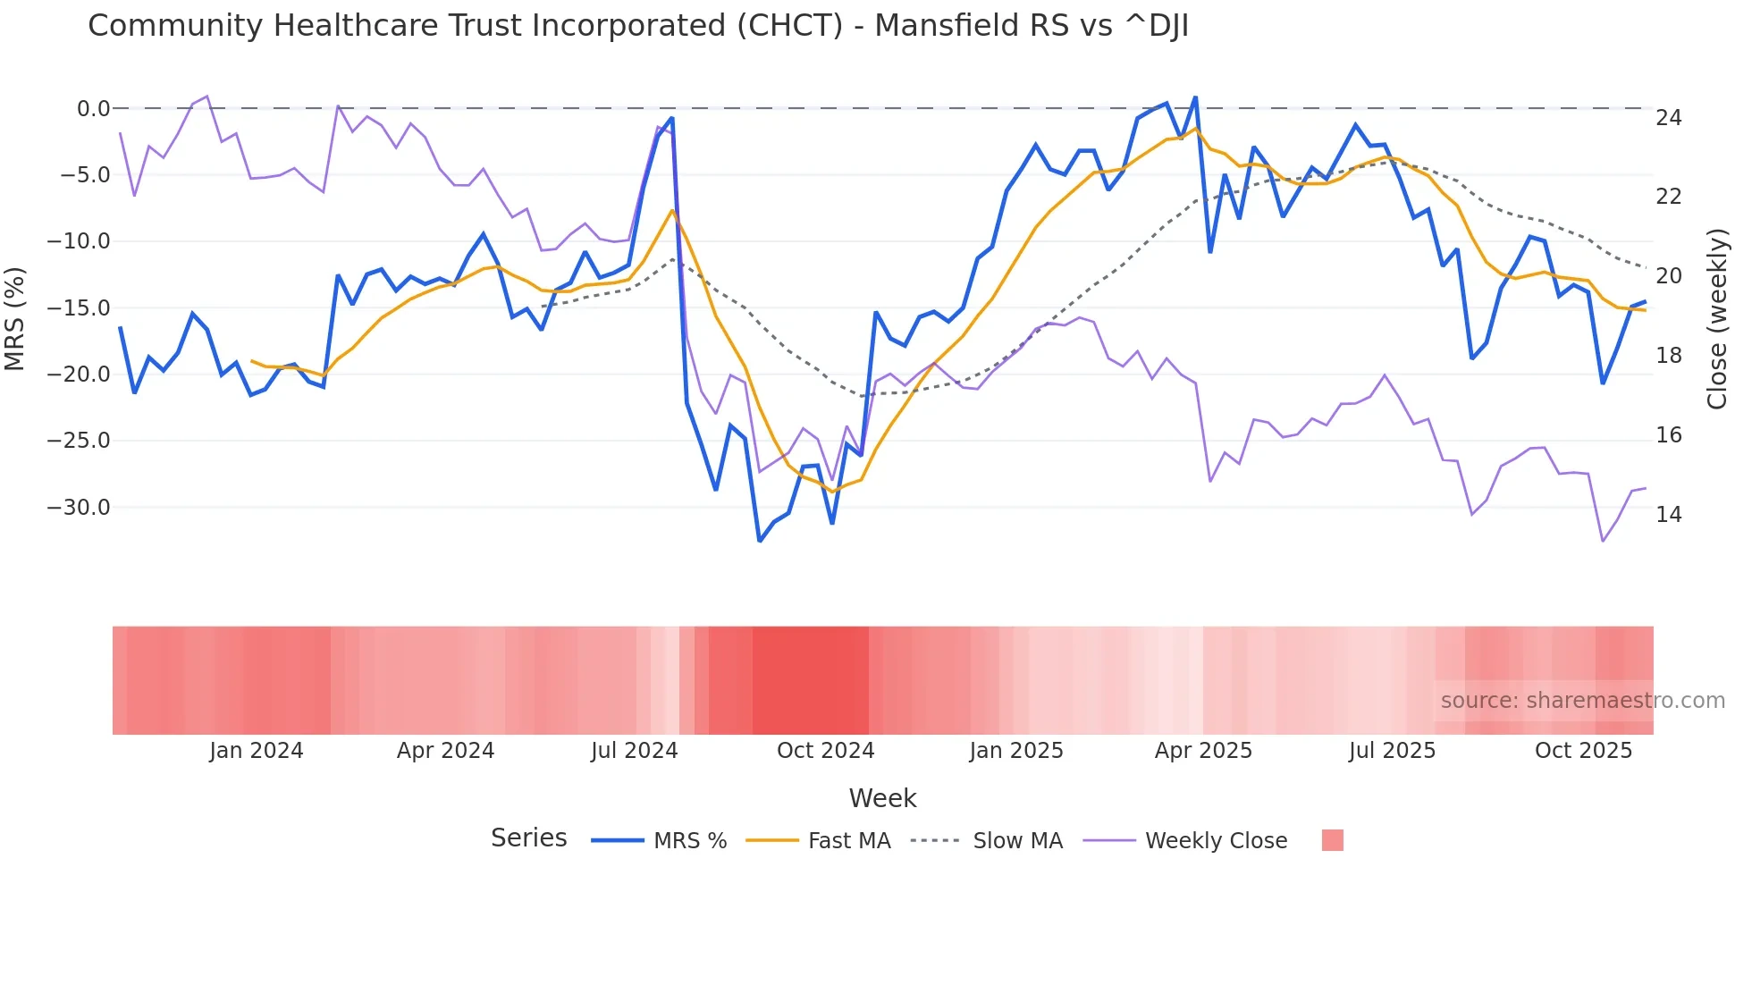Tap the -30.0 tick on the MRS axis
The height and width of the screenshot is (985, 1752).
coord(78,508)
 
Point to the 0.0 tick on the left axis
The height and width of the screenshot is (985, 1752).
coord(93,109)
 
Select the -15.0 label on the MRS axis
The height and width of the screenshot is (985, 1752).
coord(78,308)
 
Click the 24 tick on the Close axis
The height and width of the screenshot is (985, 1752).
coord(1668,118)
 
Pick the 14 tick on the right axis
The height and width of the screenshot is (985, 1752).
coord(1668,515)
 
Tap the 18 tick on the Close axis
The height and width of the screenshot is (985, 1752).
coord(1668,356)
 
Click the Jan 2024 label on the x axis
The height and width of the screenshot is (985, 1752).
coord(257,751)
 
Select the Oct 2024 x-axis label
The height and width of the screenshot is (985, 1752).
coord(825,751)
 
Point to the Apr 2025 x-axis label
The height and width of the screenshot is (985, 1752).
coord(1203,751)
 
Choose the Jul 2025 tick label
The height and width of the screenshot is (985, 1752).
coord(1392,751)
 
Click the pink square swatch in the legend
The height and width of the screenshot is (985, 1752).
coord(1333,840)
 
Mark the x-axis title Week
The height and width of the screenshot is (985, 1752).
coord(882,798)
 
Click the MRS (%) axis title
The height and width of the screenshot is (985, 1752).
coord(15,318)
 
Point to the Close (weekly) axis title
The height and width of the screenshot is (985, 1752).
coord(1717,318)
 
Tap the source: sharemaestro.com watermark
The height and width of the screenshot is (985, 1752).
coord(1582,701)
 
